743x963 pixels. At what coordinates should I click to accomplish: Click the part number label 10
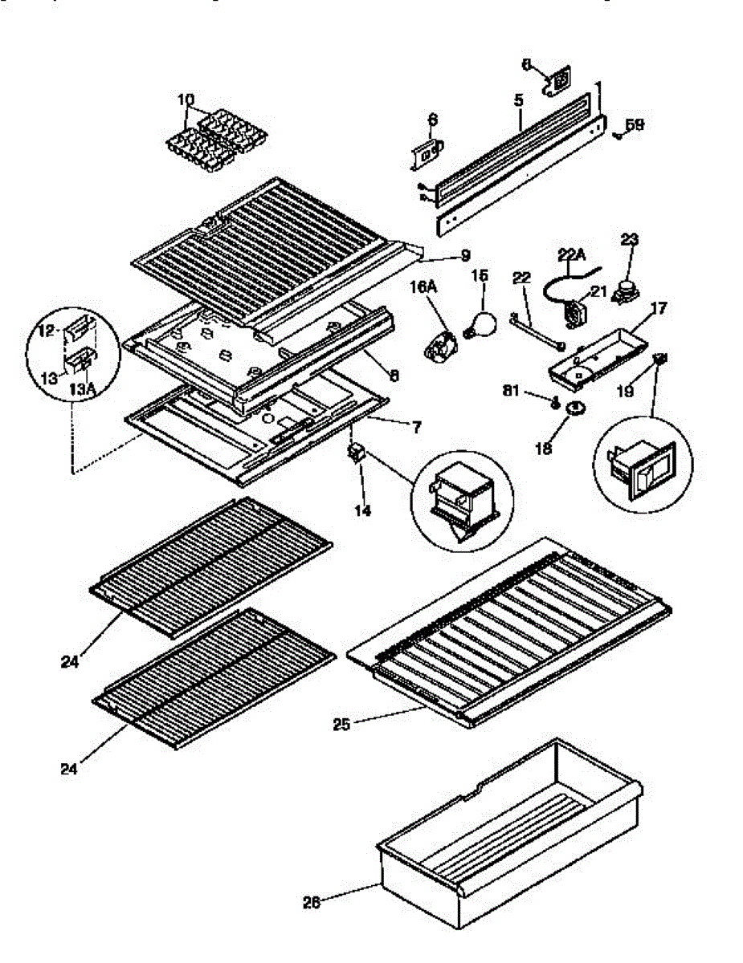[186, 100]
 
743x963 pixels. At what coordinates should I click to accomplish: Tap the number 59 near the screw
[635, 124]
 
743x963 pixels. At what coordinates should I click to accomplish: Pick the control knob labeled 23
[623, 294]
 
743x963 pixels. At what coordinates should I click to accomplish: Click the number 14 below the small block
[363, 510]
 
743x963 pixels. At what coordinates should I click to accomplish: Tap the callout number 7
[415, 427]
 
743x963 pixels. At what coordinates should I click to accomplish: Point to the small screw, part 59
[615, 136]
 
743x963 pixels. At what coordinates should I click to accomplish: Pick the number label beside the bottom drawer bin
[311, 901]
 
